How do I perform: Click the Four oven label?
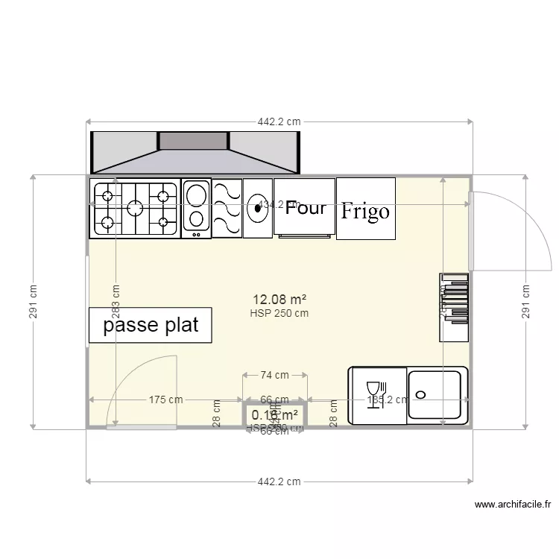tap(306, 208)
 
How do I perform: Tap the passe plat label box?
tap(150, 326)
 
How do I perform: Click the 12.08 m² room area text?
tap(279, 300)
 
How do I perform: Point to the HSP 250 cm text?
tap(279, 313)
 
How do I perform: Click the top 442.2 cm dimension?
tap(279, 121)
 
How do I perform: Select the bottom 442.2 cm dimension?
tap(279, 481)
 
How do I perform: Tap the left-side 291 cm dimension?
tap(33, 302)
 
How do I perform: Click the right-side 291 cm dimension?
tap(526, 302)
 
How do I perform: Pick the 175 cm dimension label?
tap(165, 400)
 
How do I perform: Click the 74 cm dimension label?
tap(275, 376)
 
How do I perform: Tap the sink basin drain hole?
tap(421, 394)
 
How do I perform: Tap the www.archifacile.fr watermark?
tap(513, 505)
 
